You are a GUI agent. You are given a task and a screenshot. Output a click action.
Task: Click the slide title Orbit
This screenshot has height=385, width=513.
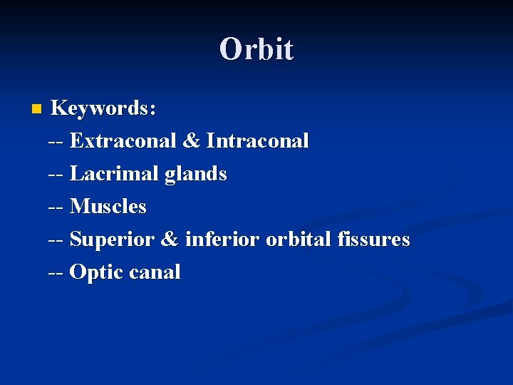(x=256, y=49)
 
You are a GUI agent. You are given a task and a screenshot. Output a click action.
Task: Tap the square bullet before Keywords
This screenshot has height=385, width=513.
(x=37, y=109)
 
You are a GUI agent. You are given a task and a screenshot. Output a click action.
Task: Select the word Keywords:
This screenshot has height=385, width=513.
(x=104, y=108)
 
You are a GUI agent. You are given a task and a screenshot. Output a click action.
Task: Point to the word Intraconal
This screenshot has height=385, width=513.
(x=258, y=141)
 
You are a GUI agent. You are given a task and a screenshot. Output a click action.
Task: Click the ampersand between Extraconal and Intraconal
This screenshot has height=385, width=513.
(x=192, y=141)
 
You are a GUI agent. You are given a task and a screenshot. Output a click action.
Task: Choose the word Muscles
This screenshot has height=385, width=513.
(x=108, y=207)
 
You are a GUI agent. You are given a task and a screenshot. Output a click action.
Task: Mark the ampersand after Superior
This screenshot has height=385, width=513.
(x=170, y=240)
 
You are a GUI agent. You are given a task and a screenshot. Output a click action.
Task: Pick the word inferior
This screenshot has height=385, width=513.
(x=222, y=240)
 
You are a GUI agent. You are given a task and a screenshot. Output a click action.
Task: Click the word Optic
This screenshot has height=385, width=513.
(x=97, y=272)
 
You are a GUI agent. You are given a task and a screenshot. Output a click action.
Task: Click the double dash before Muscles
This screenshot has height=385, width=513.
(x=56, y=207)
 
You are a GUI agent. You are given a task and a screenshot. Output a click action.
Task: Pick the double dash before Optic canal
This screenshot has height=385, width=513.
(x=56, y=273)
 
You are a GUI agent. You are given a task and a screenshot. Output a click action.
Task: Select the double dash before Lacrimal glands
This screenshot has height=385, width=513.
(x=56, y=175)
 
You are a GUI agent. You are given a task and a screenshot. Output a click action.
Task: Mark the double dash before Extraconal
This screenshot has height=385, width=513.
(x=56, y=142)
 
